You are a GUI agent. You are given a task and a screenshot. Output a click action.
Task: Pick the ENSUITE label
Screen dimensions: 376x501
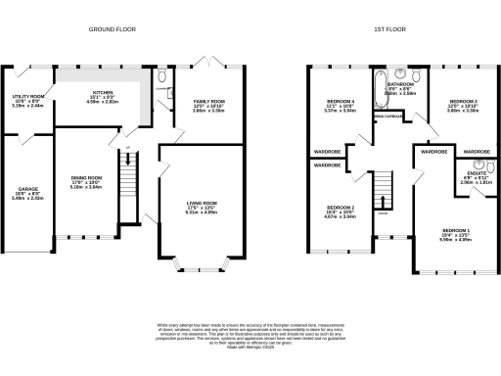(x=465, y=177)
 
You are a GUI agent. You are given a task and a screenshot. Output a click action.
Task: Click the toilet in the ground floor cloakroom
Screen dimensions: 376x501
(x=161, y=72)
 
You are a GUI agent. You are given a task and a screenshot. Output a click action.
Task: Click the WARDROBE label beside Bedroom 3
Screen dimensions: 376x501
(x=477, y=153)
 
